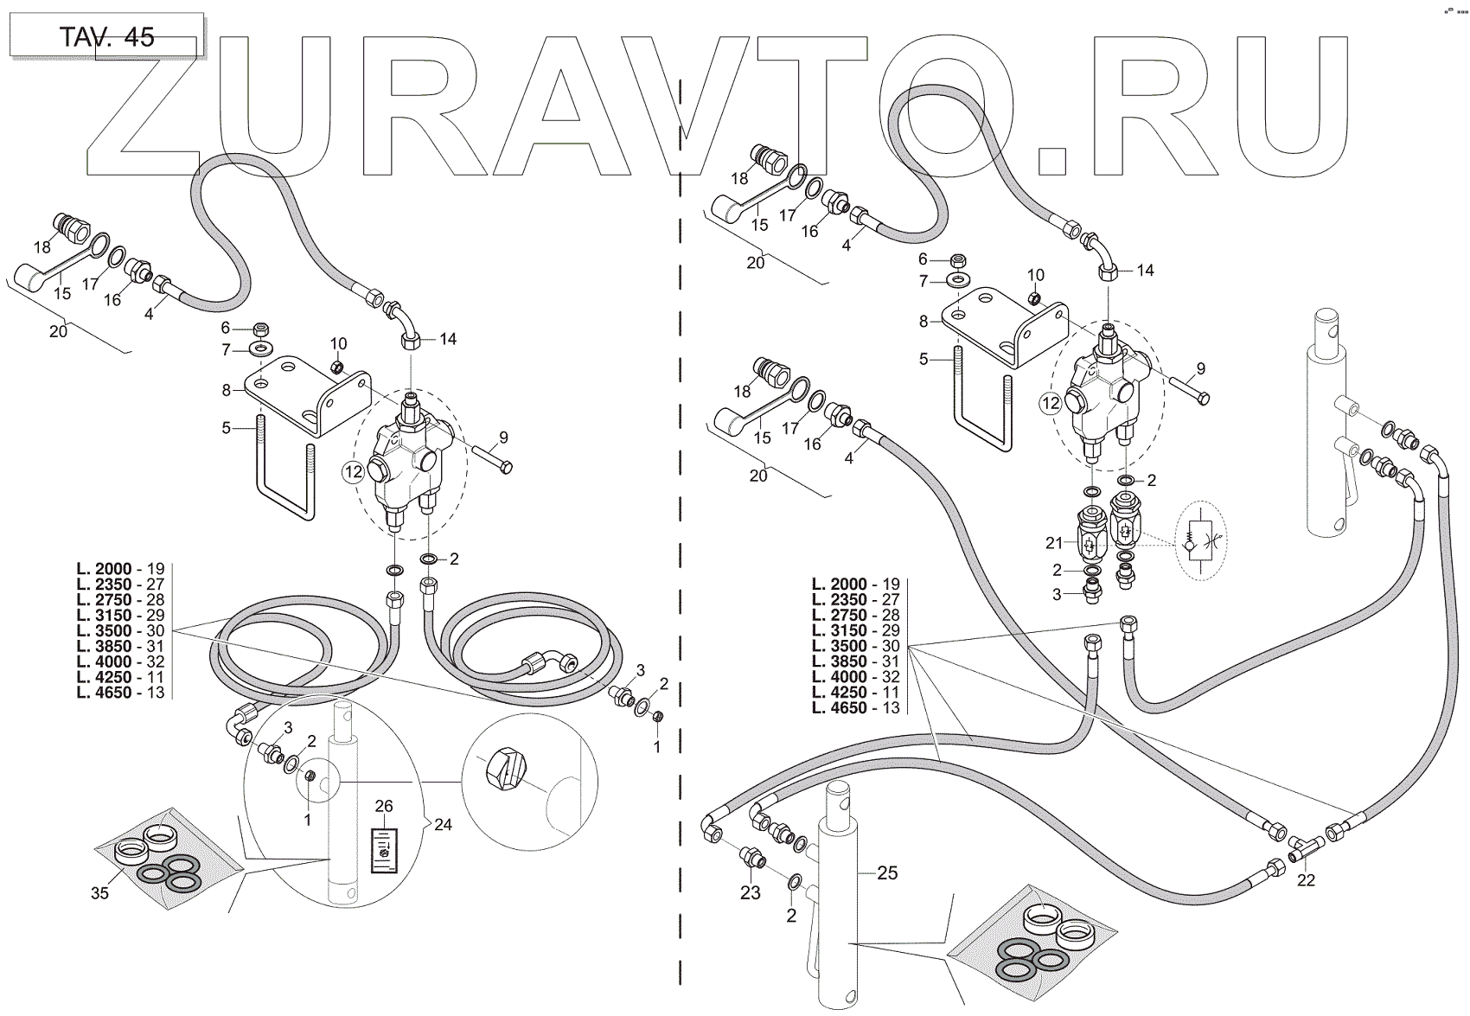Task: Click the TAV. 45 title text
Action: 107,37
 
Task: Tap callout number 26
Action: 384,805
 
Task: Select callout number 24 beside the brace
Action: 443,824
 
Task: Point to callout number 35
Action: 99,892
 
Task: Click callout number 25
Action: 887,873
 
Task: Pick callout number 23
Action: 750,892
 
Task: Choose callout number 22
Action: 1306,880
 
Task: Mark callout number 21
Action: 1054,543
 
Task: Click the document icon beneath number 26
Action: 384,851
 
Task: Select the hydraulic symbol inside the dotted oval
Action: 1199,541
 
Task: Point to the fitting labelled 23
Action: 751,857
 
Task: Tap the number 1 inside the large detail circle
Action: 307,819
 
